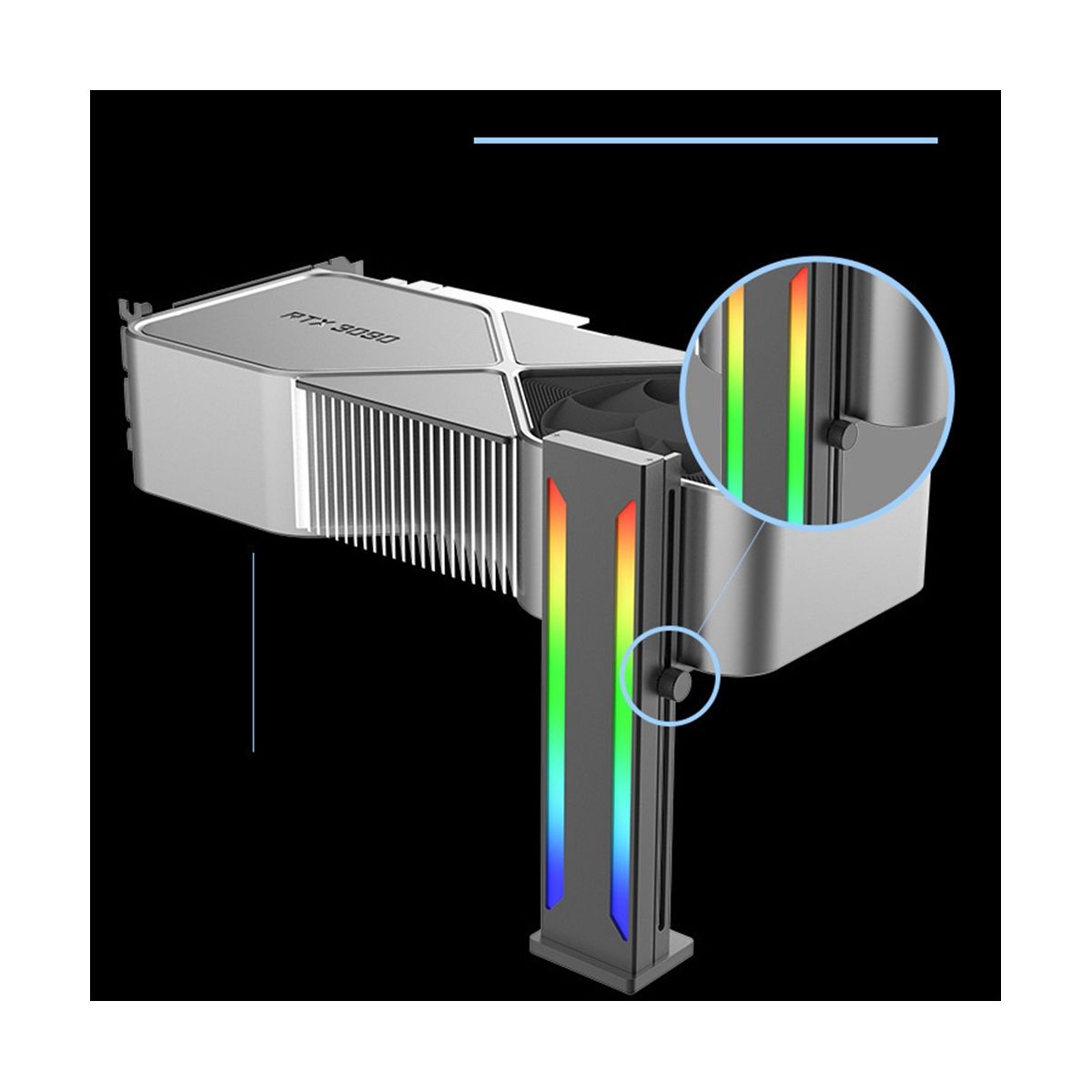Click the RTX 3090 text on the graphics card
pos(340,326)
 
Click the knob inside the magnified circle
pos(842,435)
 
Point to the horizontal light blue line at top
pos(705,140)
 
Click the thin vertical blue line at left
pos(253,652)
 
